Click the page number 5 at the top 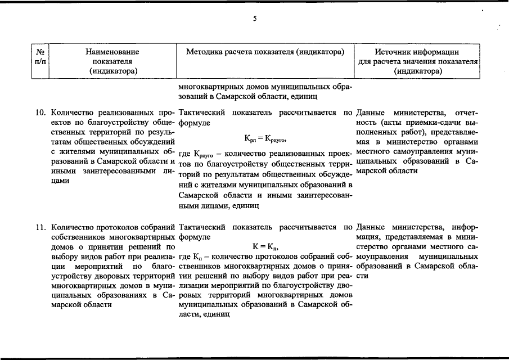click(254, 19)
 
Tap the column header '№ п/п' click(39, 56)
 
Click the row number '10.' click(40, 112)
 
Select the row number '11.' click(40, 228)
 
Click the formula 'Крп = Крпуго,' click(266, 138)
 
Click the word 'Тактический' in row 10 click(201, 112)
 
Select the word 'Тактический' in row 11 click(201, 228)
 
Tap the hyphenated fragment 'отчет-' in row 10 click(465, 112)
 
